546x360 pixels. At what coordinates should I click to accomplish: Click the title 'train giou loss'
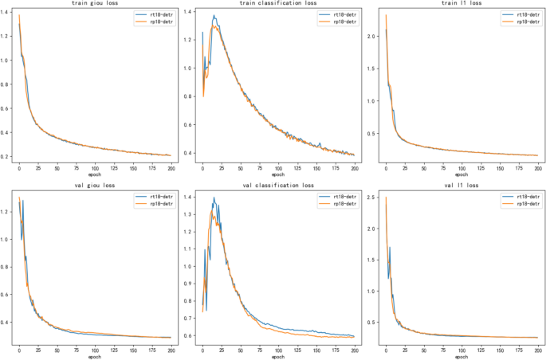tap(92, 5)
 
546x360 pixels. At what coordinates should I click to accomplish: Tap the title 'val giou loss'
tap(92, 185)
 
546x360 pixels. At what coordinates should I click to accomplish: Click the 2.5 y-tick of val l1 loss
tap(373, 198)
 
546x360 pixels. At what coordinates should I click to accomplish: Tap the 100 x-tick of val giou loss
tap(95, 350)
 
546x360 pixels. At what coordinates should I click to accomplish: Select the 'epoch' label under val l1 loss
tap(460, 356)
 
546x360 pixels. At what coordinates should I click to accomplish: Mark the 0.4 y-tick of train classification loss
tap(190, 153)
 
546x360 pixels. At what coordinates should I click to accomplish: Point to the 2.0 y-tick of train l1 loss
tap(373, 37)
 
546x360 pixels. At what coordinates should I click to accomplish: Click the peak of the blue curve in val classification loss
tap(214, 198)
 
